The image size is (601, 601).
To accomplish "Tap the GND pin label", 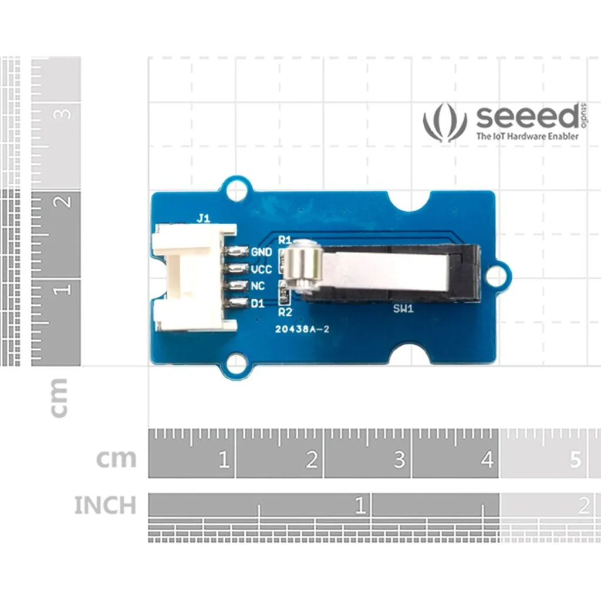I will pyautogui.click(x=261, y=252).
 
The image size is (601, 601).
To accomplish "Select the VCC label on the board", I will pyautogui.click(x=261, y=269).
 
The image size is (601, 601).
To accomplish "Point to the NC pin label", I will pyautogui.click(x=258, y=286).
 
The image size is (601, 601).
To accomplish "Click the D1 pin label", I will pyautogui.click(x=258, y=303).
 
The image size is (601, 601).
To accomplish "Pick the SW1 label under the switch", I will pyautogui.click(x=403, y=309).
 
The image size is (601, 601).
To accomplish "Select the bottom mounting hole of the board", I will pyautogui.click(x=236, y=362).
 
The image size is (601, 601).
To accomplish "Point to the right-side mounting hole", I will pyautogui.click(x=497, y=275).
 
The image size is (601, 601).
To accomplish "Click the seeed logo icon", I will pyautogui.click(x=445, y=122).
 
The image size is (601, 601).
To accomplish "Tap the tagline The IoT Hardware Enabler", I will pyautogui.click(x=526, y=136).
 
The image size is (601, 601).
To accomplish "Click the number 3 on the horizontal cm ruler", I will pyautogui.click(x=399, y=460).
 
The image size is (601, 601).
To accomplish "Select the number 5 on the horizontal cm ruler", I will pyautogui.click(x=575, y=460).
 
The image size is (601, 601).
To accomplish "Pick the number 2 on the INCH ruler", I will pyautogui.click(x=583, y=505).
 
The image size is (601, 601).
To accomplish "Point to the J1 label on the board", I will pyautogui.click(x=203, y=218).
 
